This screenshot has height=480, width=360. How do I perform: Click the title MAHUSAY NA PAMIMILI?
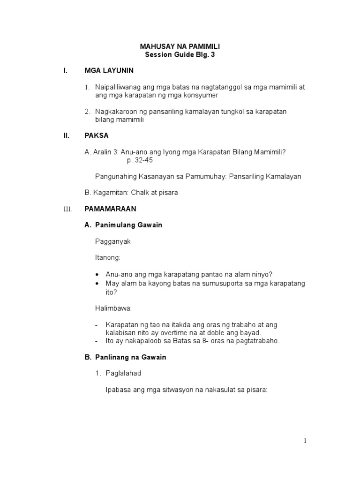coord(180,46)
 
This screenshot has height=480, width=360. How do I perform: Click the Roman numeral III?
coord(67,209)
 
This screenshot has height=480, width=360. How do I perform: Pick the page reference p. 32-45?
coord(140,160)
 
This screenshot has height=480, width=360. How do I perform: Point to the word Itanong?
coord(107,257)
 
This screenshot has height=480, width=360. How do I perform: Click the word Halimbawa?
coord(113,308)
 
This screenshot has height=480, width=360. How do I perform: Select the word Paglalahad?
coord(124,373)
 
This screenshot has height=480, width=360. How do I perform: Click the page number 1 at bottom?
coord(305,441)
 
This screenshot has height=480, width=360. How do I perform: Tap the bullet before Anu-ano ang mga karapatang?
coord(97,274)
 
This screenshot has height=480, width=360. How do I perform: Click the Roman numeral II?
coord(66,135)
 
